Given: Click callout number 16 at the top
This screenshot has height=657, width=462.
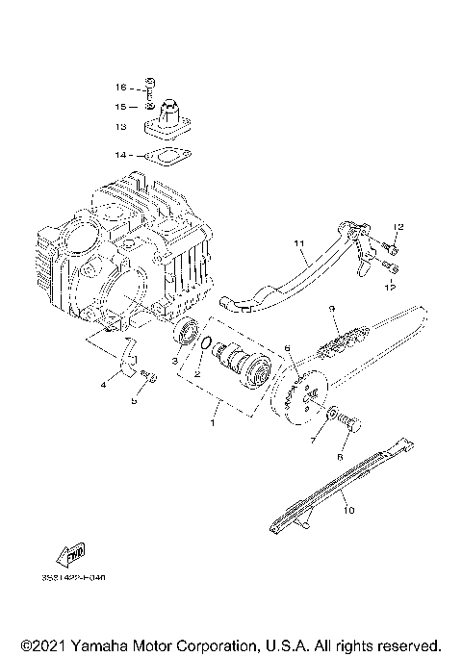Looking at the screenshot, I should pyautogui.click(x=121, y=87).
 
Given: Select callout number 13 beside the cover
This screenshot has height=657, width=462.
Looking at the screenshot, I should pyautogui.click(x=121, y=125).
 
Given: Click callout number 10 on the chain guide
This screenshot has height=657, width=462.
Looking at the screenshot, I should pyautogui.click(x=348, y=511).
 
